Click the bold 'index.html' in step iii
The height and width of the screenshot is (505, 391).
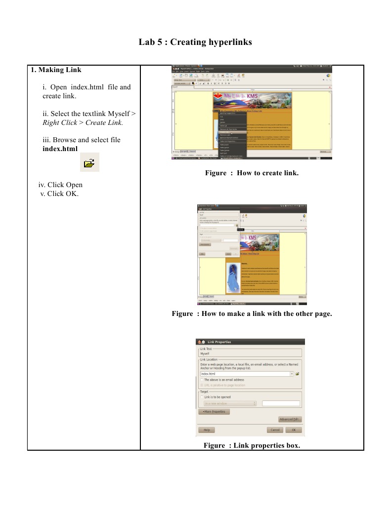click(60, 148)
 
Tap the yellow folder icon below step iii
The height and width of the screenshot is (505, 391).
click(89, 162)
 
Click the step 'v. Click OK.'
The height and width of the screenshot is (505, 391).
click(59, 193)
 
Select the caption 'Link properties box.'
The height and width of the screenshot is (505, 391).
click(266, 445)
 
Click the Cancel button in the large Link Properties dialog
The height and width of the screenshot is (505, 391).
click(275, 430)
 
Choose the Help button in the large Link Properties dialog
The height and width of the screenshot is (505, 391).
click(206, 430)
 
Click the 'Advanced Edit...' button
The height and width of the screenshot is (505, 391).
click(290, 419)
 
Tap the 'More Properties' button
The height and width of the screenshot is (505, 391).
click(214, 411)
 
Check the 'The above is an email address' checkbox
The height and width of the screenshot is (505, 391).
click(202, 380)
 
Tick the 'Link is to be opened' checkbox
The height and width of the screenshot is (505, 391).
click(202, 397)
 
